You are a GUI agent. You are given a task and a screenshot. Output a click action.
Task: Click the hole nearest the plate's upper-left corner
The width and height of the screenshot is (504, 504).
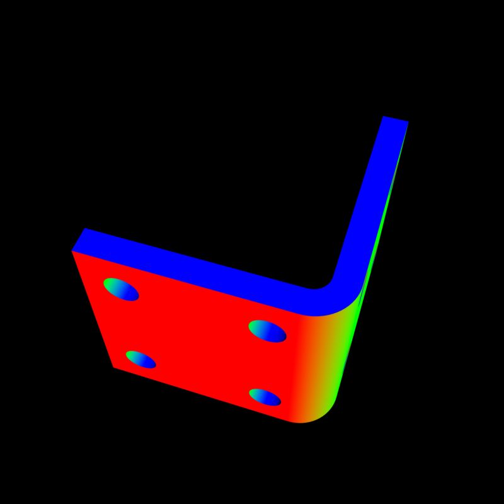[x=121, y=289]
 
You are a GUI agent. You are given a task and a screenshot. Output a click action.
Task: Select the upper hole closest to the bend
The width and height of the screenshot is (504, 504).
[x=267, y=331]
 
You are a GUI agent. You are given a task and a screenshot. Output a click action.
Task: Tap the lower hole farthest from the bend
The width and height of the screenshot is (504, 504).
[x=140, y=360]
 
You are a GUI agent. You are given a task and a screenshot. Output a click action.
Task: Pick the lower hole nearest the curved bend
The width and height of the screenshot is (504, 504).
[x=265, y=397]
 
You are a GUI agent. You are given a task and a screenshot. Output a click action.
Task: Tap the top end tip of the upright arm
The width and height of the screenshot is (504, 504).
[x=396, y=119]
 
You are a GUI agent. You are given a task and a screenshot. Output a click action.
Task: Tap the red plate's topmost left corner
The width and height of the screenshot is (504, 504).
[x=72, y=251]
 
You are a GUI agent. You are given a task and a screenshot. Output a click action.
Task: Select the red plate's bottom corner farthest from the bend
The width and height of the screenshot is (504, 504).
[x=114, y=367]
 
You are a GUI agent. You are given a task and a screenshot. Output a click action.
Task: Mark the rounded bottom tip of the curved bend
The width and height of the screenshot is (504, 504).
[x=309, y=421]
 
